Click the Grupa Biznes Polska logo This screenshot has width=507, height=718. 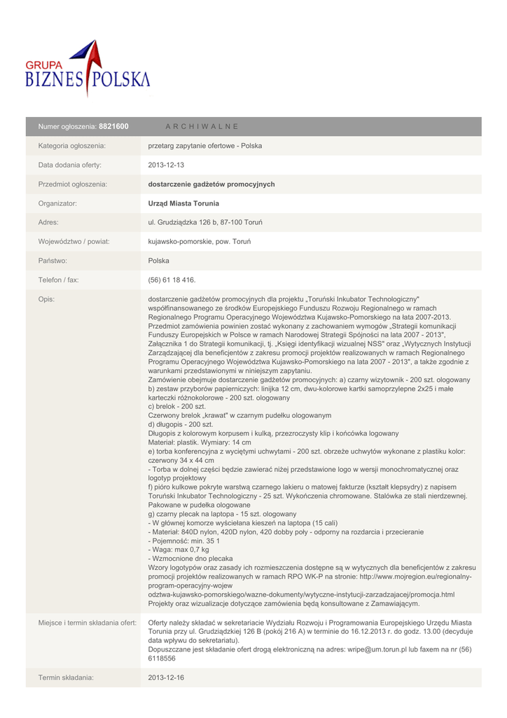click(x=88, y=69)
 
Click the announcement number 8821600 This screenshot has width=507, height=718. click(x=113, y=126)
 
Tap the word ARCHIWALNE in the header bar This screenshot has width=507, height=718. click(x=202, y=126)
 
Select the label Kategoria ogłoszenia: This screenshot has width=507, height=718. click(x=71, y=146)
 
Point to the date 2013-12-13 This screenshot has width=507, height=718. click(x=165, y=165)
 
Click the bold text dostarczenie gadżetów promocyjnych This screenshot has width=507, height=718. click(x=211, y=184)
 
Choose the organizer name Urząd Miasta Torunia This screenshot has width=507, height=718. click(x=183, y=203)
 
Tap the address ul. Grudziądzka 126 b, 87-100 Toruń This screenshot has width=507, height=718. click(x=205, y=222)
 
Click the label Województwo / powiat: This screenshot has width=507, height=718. click(x=74, y=242)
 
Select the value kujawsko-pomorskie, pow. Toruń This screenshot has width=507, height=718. click(x=200, y=242)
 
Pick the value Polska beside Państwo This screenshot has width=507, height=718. click(x=159, y=261)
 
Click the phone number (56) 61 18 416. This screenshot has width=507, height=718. click(x=172, y=280)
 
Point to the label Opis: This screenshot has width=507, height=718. click(x=46, y=299)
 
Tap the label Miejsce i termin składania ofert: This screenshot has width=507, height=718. click(x=87, y=623)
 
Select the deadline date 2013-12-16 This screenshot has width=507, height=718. click(x=165, y=678)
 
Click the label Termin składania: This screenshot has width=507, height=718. click(x=66, y=678)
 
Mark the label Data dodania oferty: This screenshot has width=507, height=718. click(x=69, y=165)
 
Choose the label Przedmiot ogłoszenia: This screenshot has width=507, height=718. click(x=72, y=184)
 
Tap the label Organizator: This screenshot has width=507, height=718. click(x=57, y=203)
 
